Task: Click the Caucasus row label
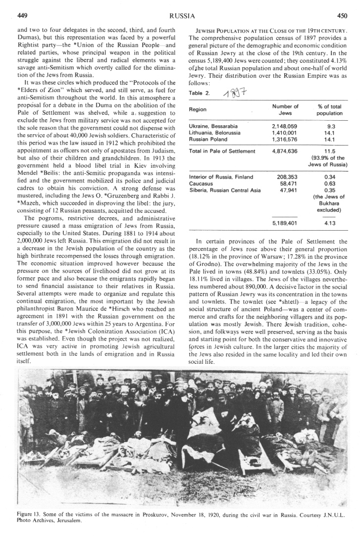(x=200, y=183)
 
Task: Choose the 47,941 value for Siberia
(x=288, y=189)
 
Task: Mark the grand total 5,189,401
(x=288, y=222)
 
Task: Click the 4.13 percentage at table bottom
(x=327, y=222)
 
